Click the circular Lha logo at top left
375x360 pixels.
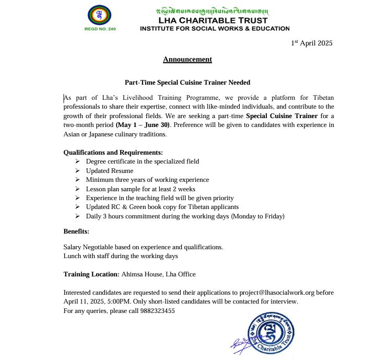pos(99,15)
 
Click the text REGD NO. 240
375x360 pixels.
pos(100,29)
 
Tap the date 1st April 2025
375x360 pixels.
pos(311,43)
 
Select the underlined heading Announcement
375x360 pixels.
pos(187,60)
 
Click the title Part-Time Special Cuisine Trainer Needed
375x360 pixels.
pos(187,83)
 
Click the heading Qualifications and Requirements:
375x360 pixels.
pos(113,153)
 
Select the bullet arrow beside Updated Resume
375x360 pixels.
pos(77,171)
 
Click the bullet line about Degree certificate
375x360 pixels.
pos(142,161)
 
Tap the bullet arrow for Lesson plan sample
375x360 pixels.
pos(77,189)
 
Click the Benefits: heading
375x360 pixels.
pos(76,231)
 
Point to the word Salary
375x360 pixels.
pos(73,247)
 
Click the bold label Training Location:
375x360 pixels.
pos(91,274)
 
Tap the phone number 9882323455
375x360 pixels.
pos(156,311)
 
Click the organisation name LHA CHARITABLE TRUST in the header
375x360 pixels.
pos(214,20)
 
